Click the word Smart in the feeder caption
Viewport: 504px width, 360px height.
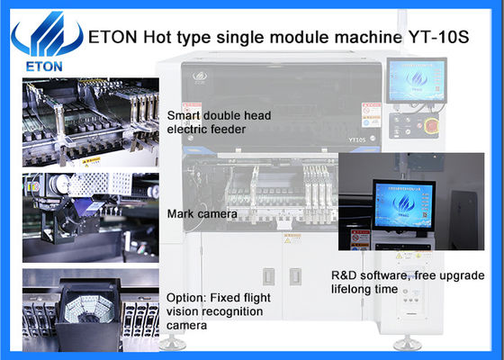184,116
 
